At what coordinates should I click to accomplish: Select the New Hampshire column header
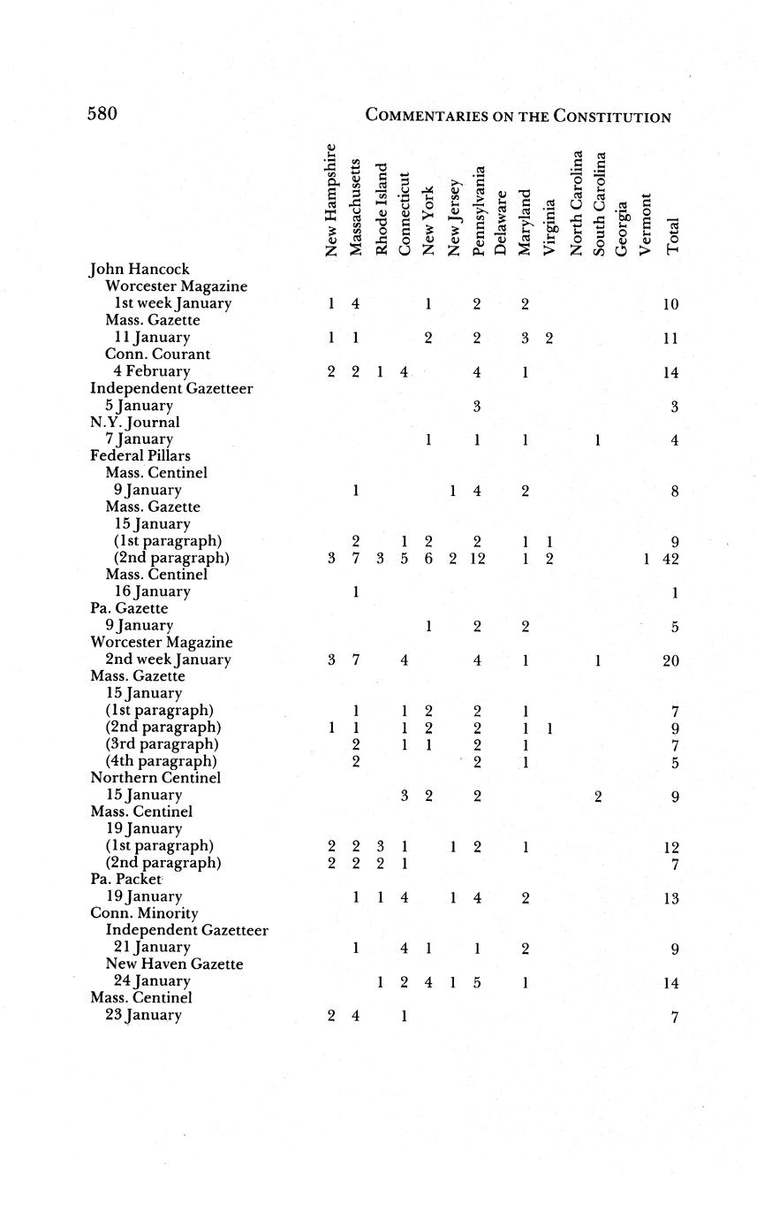331,201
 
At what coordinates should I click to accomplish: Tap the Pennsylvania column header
478,211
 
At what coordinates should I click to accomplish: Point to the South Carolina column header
599,204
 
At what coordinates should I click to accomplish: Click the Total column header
673,236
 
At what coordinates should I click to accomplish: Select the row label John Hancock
140,269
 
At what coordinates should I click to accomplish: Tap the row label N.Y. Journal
132,422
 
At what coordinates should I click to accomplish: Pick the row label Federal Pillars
140,455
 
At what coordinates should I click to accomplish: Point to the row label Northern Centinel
155,778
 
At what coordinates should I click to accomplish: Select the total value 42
670,559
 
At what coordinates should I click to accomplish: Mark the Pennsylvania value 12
477,559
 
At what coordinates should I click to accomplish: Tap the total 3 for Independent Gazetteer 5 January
673,406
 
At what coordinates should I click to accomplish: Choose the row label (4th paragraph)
164,761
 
